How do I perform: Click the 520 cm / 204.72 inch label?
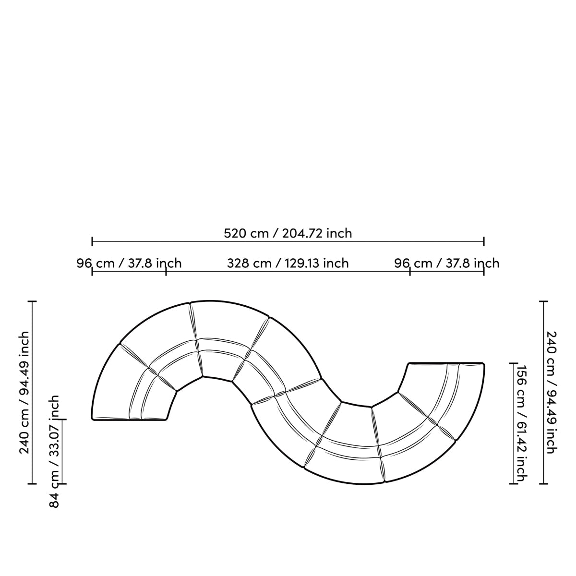coord(288,233)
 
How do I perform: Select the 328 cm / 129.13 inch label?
coord(288,264)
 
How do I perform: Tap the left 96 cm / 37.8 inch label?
coord(129,264)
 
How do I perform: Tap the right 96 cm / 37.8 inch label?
coord(447,264)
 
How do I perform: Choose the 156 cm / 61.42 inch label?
coord(520,423)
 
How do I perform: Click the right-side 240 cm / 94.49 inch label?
coord(551,392)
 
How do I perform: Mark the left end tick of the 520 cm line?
coord(92,241)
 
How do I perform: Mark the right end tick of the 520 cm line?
coord(484,241)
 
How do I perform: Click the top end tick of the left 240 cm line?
coord(33,301)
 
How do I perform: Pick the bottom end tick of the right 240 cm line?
coord(543,483)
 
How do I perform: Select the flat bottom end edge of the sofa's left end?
coord(129,420)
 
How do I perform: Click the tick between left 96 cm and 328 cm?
coord(166,271)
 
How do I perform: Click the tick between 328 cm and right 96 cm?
coord(410,271)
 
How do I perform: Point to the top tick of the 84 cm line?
coord(62,420)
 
